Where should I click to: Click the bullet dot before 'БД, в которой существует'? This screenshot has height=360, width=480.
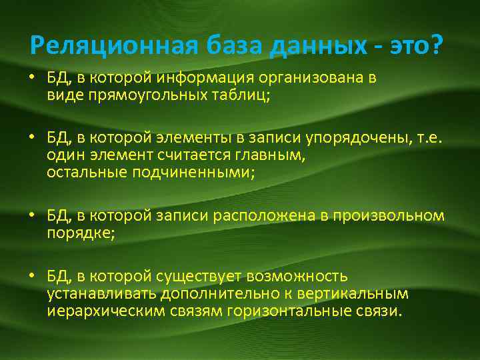tap(33, 277)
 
